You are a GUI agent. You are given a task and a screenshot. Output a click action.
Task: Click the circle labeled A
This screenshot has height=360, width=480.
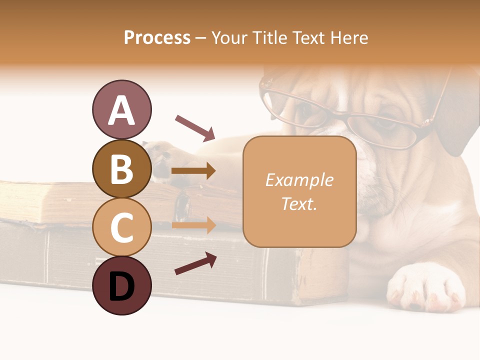click(x=121, y=109)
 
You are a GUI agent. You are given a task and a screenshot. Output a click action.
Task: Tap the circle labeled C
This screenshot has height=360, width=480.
click(x=121, y=227)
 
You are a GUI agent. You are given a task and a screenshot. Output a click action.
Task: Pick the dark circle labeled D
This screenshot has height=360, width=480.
click(x=121, y=285)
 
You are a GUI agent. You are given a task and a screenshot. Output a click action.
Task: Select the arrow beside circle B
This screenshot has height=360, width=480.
click(x=193, y=171)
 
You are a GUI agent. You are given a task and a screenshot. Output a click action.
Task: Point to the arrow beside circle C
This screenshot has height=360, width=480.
click(x=193, y=225)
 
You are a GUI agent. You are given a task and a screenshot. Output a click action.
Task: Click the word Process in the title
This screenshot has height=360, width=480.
click(x=157, y=37)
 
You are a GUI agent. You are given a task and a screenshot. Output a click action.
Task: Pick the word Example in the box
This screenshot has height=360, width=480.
click(x=299, y=180)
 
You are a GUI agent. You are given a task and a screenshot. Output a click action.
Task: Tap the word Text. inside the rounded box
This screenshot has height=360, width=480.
click(x=299, y=203)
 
